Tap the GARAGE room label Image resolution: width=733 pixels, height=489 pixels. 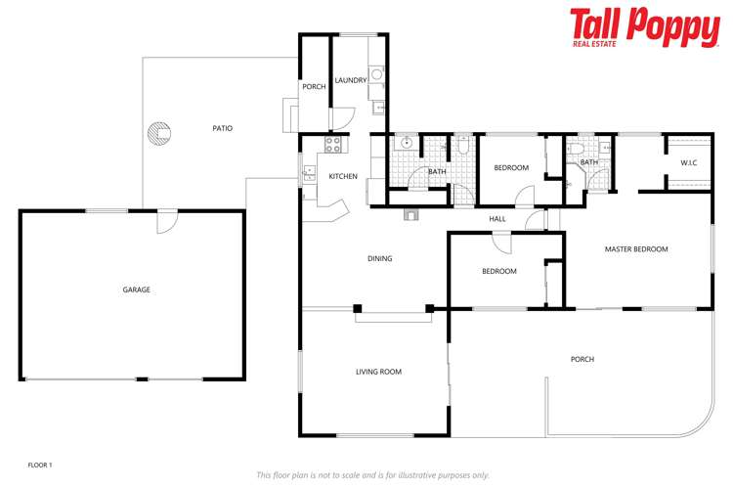136,289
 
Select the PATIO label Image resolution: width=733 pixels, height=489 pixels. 223,128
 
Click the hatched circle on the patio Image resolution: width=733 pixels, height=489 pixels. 157,132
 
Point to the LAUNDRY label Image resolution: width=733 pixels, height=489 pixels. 350,80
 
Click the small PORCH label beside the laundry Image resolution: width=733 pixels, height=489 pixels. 314,87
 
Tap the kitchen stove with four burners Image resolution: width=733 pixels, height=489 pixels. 333,145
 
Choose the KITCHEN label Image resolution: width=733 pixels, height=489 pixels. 343,176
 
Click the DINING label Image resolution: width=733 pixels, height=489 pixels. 379,259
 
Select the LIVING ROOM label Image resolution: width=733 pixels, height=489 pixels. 378,372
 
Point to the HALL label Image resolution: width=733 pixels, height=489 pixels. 497,219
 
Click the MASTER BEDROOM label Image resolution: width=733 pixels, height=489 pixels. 636,249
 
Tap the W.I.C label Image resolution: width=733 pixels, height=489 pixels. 688,162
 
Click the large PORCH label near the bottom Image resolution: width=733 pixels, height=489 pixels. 582,359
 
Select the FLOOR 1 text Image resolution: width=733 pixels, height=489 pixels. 39,465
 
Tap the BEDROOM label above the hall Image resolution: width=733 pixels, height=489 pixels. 511,168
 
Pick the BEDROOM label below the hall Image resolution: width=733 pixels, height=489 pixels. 499,271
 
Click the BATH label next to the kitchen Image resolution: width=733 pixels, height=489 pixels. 437,172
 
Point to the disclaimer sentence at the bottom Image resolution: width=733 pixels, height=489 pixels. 372,475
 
